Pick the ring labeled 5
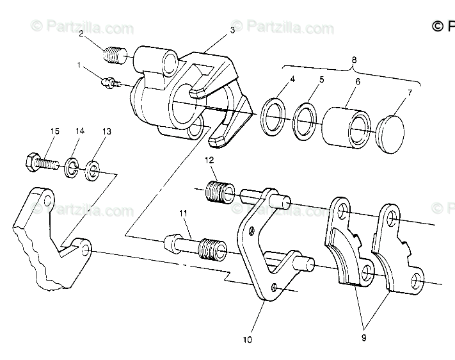[x=307, y=119]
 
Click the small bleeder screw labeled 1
[x=109, y=83]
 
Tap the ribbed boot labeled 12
[x=220, y=191]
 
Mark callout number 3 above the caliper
[x=232, y=29]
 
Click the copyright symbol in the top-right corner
[x=438, y=26]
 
